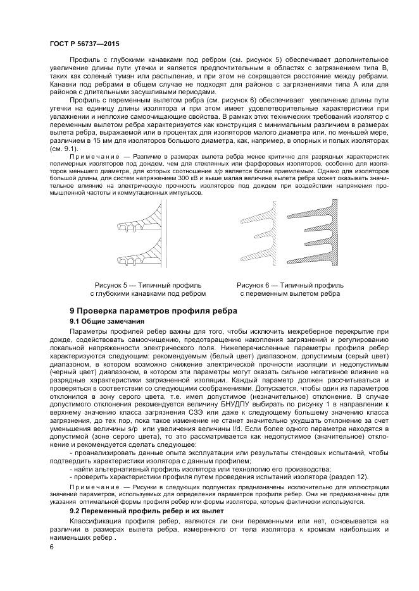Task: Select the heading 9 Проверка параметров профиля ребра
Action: tap(153, 310)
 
